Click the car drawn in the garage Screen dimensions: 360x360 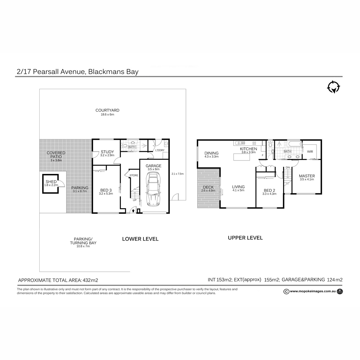click(153, 189)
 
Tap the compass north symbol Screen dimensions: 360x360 click(333, 87)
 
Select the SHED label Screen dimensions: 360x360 click(51, 181)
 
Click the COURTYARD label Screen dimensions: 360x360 click(107, 110)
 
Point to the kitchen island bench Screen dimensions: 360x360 click(241, 157)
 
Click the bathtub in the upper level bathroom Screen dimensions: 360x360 click(294, 144)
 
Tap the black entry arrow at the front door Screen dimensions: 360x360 click(133, 211)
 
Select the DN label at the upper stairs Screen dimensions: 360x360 click(287, 167)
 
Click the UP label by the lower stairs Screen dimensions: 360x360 click(135, 200)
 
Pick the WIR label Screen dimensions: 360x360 click(310, 151)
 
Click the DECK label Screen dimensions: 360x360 click(208, 187)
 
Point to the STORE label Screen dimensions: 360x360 click(134, 175)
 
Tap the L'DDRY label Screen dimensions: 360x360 click(160, 150)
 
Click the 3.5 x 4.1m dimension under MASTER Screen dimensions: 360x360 click(307, 179)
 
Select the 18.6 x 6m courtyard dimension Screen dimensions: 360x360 click(107, 115)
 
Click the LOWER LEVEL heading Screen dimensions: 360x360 click(140, 239)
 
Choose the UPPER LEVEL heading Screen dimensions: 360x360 click(245, 238)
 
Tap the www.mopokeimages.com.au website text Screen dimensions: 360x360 click(313, 291)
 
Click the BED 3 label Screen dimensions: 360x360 click(106, 190)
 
